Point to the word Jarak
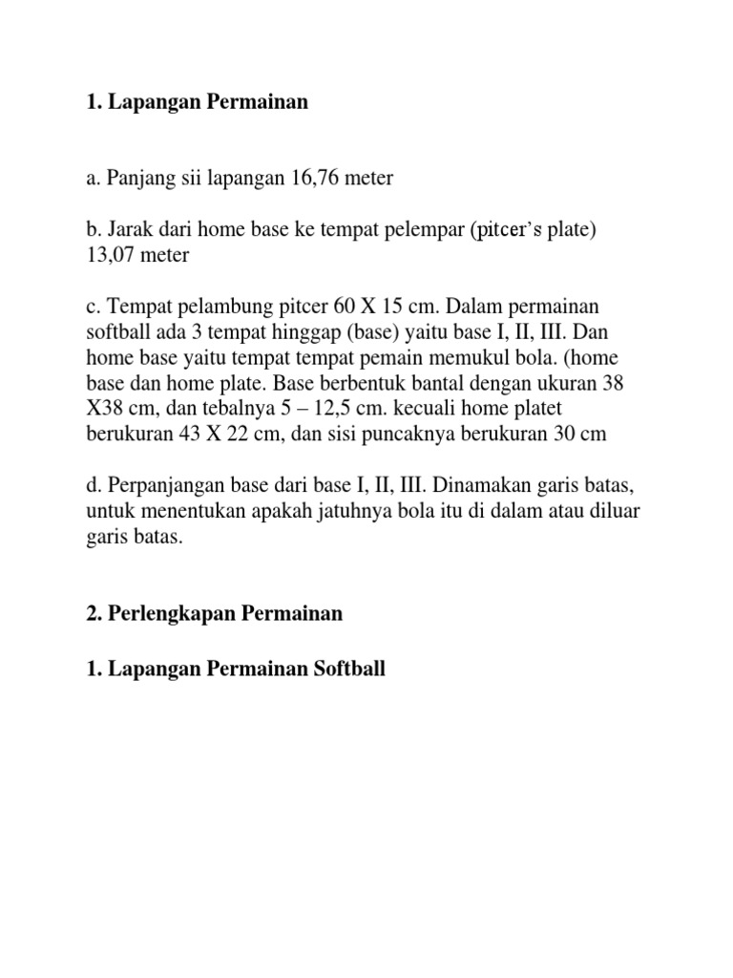pos(135,230)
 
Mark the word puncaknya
pos(431,433)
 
